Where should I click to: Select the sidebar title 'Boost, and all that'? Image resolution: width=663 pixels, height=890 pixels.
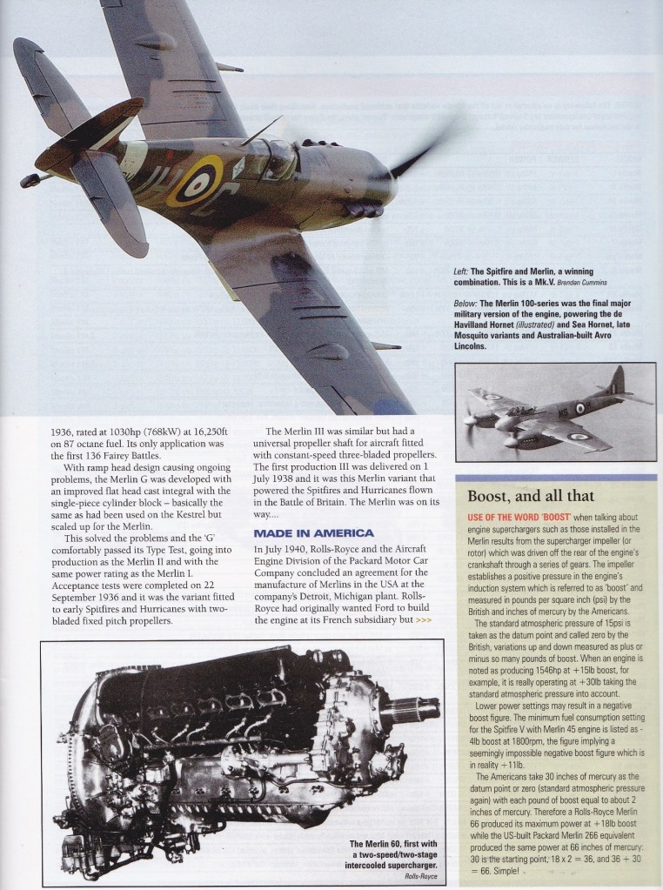[x=530, y=497]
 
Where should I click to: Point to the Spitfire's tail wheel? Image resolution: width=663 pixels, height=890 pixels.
[x=29, y=180]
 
